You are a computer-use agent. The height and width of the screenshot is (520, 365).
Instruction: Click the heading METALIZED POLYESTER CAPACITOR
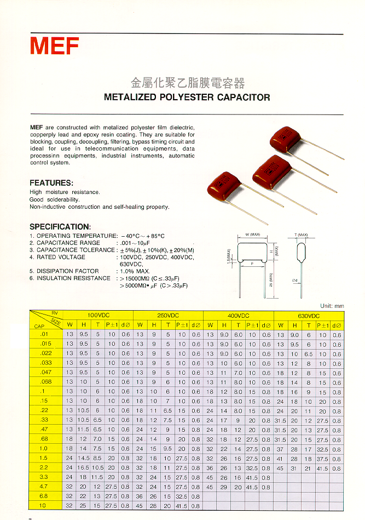[x=187, y=98]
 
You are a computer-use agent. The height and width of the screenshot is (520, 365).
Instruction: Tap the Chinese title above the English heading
[x=187, y=83]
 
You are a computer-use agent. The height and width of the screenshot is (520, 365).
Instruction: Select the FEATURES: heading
[x=51, y=182]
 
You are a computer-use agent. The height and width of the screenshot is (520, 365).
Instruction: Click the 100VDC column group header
[x=99, y=316]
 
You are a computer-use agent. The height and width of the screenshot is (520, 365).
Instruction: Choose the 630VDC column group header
[x=309, y=316]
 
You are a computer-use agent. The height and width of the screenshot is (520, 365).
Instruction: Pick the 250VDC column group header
[x=169, y=316]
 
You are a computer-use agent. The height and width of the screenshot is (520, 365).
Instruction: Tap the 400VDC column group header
[x=239, y=316]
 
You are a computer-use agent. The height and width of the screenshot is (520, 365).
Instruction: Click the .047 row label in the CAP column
[x=45, y=372]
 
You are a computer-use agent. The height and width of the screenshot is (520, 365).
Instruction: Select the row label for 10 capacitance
[x=43, y=505]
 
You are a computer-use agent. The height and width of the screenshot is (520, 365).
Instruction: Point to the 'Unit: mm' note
[x=332, y=305]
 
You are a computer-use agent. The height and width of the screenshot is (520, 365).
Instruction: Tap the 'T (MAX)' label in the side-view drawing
[x=301, y=235]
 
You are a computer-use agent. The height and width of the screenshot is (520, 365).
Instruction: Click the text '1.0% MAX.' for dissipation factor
[x=135, y=271]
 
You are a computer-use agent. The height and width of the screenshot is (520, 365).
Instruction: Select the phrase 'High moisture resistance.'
[x=65, y=192]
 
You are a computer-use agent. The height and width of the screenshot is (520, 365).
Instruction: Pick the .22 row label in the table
[x=45, y=410]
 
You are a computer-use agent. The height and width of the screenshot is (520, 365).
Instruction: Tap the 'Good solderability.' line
[x=54, y=200]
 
